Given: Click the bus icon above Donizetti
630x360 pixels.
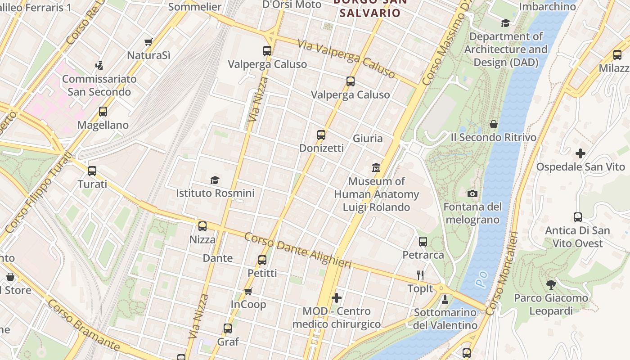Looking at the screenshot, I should (321, 135).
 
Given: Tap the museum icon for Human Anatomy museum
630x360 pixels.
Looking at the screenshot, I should (376, 168).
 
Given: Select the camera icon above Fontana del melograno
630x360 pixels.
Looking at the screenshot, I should (472, 193).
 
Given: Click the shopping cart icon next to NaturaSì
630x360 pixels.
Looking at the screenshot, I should (148, 42).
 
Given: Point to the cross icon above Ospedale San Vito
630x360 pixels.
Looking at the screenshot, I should (580, 153).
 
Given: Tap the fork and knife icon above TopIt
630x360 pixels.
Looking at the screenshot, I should (420, 275).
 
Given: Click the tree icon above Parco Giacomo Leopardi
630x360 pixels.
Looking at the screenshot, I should (551, 284).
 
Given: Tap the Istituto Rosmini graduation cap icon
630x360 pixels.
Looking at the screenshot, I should (215, 180).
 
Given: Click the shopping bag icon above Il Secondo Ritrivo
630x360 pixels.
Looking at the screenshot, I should (494, 124).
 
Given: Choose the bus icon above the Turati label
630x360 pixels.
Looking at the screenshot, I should (92, 171).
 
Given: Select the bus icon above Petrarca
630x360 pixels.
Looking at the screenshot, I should (423, 241).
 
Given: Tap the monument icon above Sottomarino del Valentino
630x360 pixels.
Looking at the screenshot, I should (445, 299).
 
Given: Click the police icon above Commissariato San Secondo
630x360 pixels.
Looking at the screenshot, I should (99, 66).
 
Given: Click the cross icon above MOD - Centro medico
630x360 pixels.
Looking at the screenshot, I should (336, 298).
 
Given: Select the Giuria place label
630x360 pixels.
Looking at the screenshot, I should (368, 138).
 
